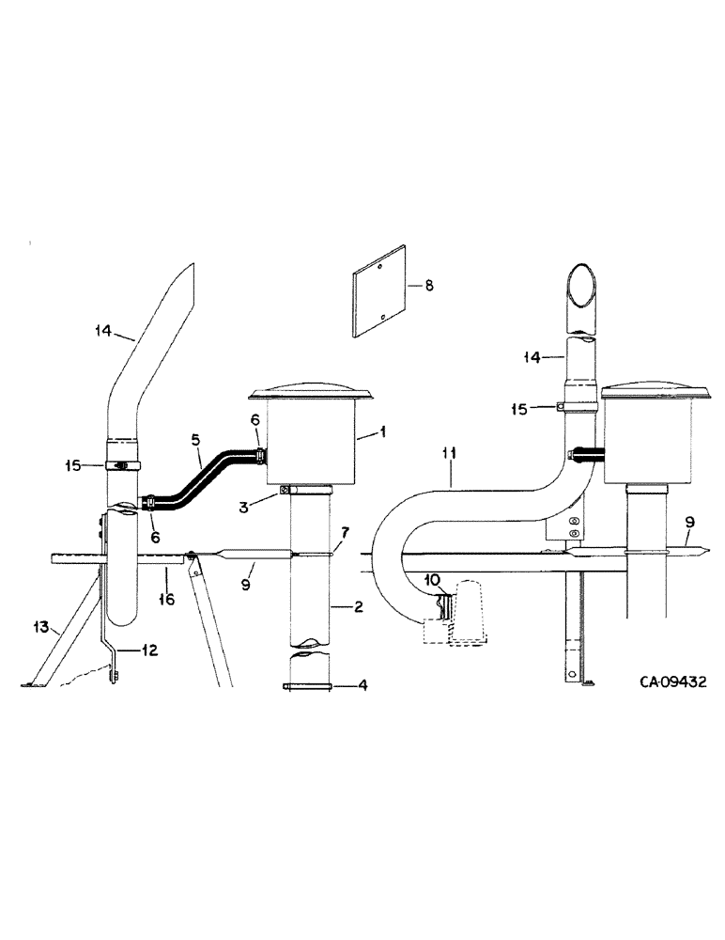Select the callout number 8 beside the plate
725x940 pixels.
coord(429,285)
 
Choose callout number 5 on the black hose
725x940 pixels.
coord(194,438)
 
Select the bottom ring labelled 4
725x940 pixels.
coord(308,686)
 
